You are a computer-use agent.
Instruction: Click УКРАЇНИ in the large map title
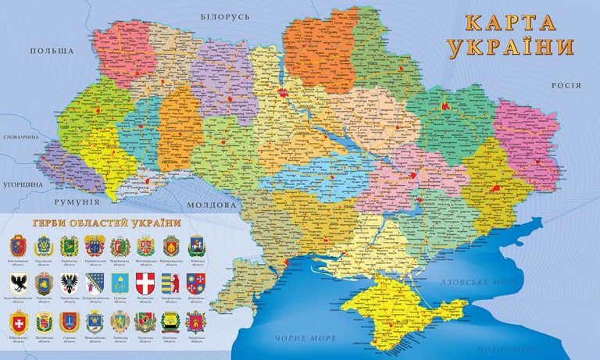512,46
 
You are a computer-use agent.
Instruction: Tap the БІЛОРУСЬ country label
224,16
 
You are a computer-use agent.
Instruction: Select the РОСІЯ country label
566,86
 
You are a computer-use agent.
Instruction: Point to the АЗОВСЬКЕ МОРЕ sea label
480,282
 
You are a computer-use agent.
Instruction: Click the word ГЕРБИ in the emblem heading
51,223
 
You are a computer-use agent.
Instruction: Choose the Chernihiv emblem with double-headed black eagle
70,283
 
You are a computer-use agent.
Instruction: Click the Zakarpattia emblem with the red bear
170,283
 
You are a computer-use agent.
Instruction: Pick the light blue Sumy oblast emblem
120,283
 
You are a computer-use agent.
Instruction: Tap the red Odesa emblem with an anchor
70,320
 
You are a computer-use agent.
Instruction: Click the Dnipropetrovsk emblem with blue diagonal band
95,283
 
